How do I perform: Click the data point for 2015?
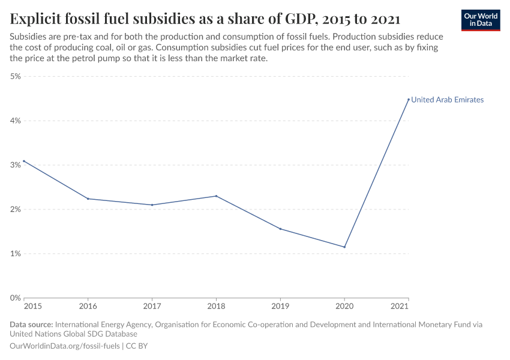pos(24,161)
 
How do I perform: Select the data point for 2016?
pos(88,199)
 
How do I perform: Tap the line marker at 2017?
pos(152,205)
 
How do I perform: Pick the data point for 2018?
pos(216,196)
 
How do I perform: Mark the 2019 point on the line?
pos(280,229)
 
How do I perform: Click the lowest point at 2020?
pos(344,247)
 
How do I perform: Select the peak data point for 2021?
pos(409,100)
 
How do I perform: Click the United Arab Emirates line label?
pos(447,100)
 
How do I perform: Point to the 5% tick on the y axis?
pos(16,76)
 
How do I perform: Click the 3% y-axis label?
pos(16,165)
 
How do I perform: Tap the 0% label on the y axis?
pos(16,298)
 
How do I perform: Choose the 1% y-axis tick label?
pos(16,253)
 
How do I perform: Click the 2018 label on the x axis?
pos(216,307)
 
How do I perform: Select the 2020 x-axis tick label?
pos(344,307)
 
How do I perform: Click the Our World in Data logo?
pos(480,20)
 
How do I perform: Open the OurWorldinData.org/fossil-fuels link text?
pos(65,346)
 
